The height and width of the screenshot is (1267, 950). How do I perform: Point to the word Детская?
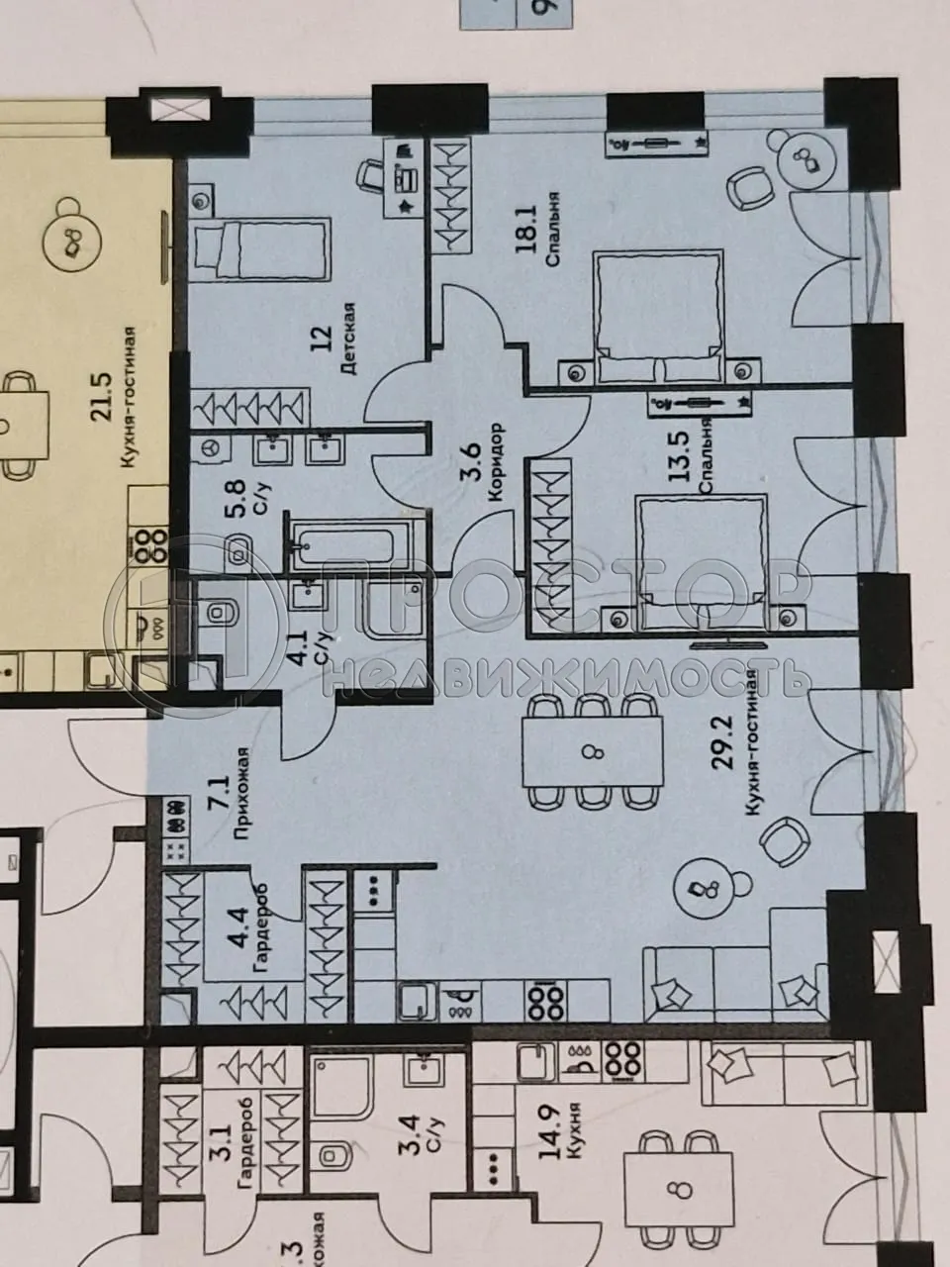pos(347,340)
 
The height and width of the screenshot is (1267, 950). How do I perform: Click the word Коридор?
pos(498,465)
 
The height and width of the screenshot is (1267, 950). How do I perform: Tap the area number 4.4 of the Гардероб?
pos(238,936)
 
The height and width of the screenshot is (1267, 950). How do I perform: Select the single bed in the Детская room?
pos(260,248)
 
